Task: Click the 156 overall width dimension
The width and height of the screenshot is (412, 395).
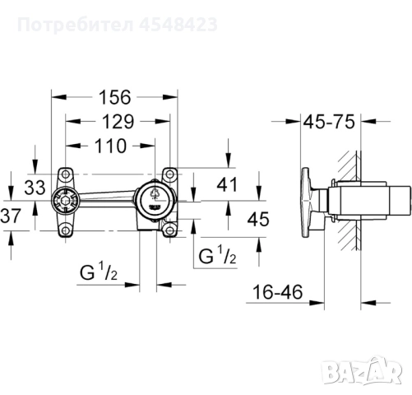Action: coord(114,97)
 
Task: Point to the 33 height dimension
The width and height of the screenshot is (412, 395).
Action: coord(34,187)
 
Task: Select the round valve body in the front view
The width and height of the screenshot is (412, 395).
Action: coord(154,199)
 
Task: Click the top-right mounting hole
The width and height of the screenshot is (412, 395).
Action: coord(169,175)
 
